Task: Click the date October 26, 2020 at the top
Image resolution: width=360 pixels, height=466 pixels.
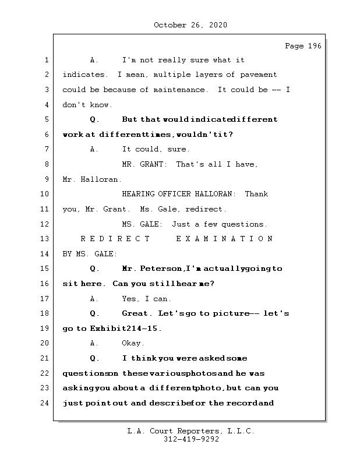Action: pos(190,25)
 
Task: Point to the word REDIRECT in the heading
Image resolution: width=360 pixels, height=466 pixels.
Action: pos(115,239)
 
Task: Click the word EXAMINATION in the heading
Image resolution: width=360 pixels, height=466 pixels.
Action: pos(224,239)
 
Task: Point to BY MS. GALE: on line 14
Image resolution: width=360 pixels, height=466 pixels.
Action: pos(90,254)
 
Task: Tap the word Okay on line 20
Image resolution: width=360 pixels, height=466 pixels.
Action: pos(133,343)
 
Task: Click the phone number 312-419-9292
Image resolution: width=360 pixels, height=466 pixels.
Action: pos(191,440)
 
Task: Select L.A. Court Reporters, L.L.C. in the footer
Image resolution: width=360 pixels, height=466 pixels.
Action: pos(191,432)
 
